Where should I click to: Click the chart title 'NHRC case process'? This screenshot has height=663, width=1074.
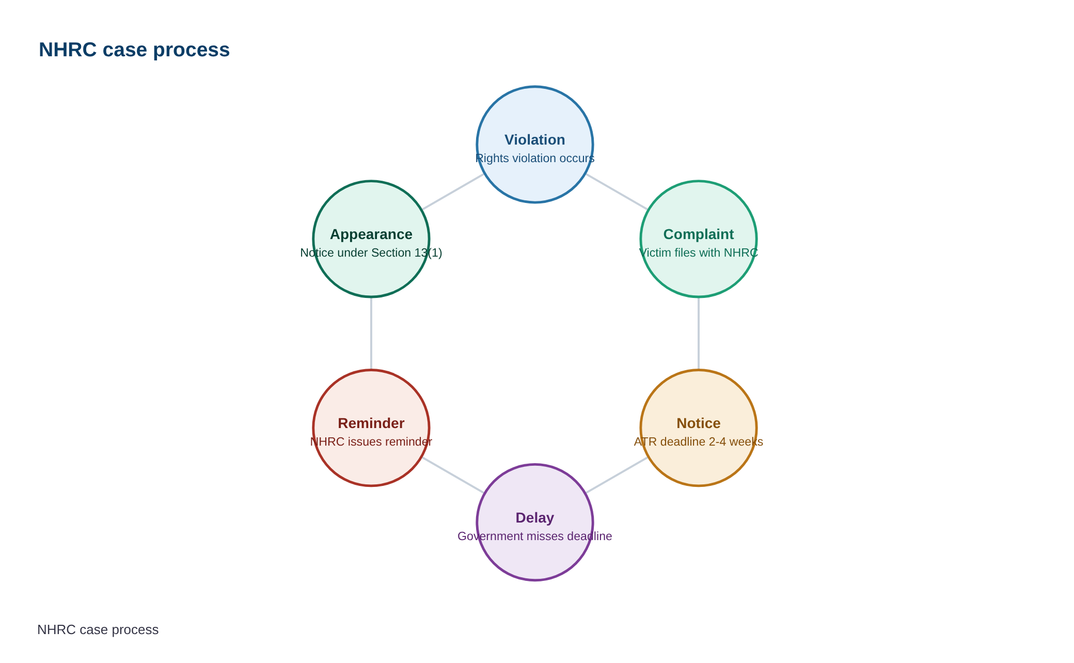click(x=134, y=50)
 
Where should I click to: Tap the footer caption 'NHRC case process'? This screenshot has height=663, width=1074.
click(x=98, y=629)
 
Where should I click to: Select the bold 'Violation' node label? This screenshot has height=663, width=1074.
click(x=535, y=140)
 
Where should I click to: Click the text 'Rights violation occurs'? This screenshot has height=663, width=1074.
click(x=535, y=158)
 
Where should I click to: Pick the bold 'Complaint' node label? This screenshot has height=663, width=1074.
click(x=699, y=234)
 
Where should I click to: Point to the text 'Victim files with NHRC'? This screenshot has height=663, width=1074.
click(x=699, y=252)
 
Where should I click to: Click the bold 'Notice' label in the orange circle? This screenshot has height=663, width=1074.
click(x=699, y=423)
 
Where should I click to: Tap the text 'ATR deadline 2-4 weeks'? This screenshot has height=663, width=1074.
click(x=699, y=441)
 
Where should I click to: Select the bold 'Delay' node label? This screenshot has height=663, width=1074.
click(x=535, y=518)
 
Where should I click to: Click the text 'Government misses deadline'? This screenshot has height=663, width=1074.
click(x=535, y=536)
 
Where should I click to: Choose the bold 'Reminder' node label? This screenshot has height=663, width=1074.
click(x=371, y=423)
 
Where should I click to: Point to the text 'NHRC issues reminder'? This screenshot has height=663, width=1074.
click(x=371, y=441)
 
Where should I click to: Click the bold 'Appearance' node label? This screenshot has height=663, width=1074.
click(x=371, y=234)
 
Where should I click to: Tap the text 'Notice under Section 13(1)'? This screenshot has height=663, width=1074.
click(x=371, y=252)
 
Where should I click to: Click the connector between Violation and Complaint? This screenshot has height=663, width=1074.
click(x=617, y=192)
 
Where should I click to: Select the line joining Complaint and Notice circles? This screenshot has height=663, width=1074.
click(x=699, y=334)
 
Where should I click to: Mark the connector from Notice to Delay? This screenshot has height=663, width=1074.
click(x=617, y=475)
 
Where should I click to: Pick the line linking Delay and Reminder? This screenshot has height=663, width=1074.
click(x=453, y=475)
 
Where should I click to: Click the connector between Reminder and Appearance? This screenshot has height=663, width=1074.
click(x=371, y=334)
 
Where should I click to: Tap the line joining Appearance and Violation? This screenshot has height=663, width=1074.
click(x=453, y=192)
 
